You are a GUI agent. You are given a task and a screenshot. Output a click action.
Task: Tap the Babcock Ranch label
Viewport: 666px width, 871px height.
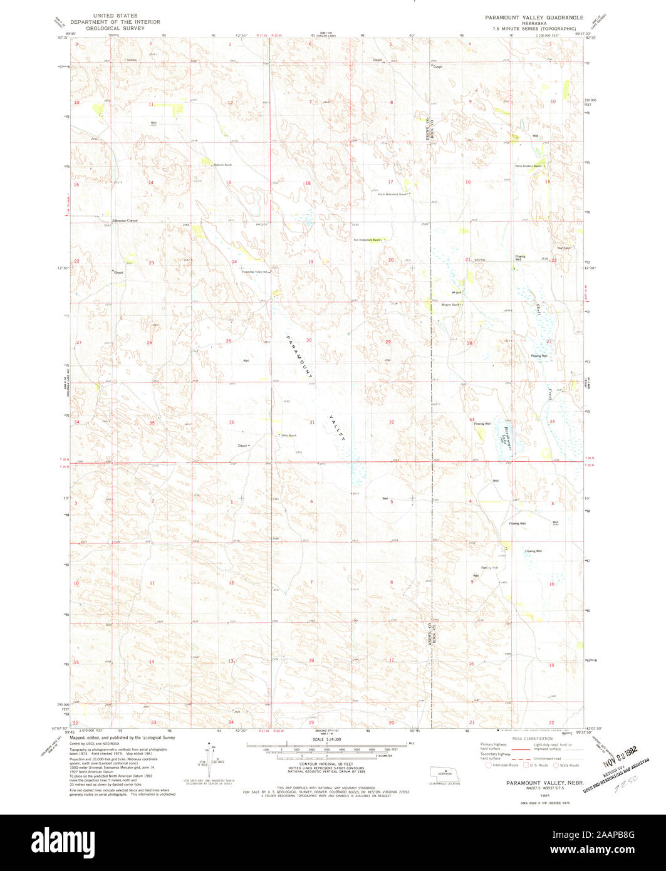click(x=223, y=165)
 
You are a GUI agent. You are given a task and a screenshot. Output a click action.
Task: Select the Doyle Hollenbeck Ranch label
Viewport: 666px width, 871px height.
click(x=392, y=194)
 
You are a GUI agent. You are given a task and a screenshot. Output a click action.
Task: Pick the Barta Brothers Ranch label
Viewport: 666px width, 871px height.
click(x=527, y=166)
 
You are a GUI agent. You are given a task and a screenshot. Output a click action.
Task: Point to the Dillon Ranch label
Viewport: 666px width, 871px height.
click(x=288, y=435)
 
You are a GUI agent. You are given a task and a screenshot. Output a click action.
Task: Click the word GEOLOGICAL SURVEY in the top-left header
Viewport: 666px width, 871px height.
click(x=115, y=28)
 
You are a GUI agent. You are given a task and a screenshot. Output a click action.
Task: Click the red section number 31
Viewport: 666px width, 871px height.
click(x=311, y=422)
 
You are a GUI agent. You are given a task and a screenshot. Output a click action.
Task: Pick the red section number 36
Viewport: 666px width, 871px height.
click(x=231, y=422)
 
